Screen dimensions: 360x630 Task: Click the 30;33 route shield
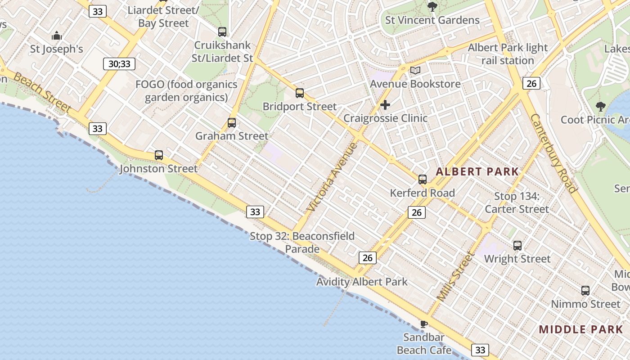tap(119, 64)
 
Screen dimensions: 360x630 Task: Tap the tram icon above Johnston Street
tap(159, 155)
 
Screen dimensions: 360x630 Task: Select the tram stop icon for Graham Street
tap(232, 123)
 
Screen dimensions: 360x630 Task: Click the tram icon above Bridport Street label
tap(300, 93)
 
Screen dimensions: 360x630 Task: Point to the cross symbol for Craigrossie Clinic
tap(385, 105)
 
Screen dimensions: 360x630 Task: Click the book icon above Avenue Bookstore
tap(415, 71)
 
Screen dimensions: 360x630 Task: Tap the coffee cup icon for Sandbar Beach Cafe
tap(423, 324)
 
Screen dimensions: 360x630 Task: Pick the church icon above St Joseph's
tap(57, 36)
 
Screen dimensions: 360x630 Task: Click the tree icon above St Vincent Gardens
tap(432, 7)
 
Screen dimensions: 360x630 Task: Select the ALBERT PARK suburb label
tap(477, 171)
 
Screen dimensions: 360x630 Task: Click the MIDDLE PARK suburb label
tap(581, 329)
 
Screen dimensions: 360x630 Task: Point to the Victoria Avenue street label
tap(332, 177)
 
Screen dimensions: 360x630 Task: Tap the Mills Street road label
tap(456, 276)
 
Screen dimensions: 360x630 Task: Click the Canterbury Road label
tap(553, 153)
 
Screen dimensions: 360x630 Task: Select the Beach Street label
tap(42, 93)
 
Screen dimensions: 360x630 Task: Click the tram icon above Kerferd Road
tap(423, 180)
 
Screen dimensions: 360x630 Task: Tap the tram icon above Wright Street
tap(517, 246)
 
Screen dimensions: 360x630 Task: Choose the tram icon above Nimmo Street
tap(585, 291)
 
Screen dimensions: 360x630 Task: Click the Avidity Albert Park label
tap(362, 282)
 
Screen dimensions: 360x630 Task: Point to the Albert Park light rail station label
tap(508, 54)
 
